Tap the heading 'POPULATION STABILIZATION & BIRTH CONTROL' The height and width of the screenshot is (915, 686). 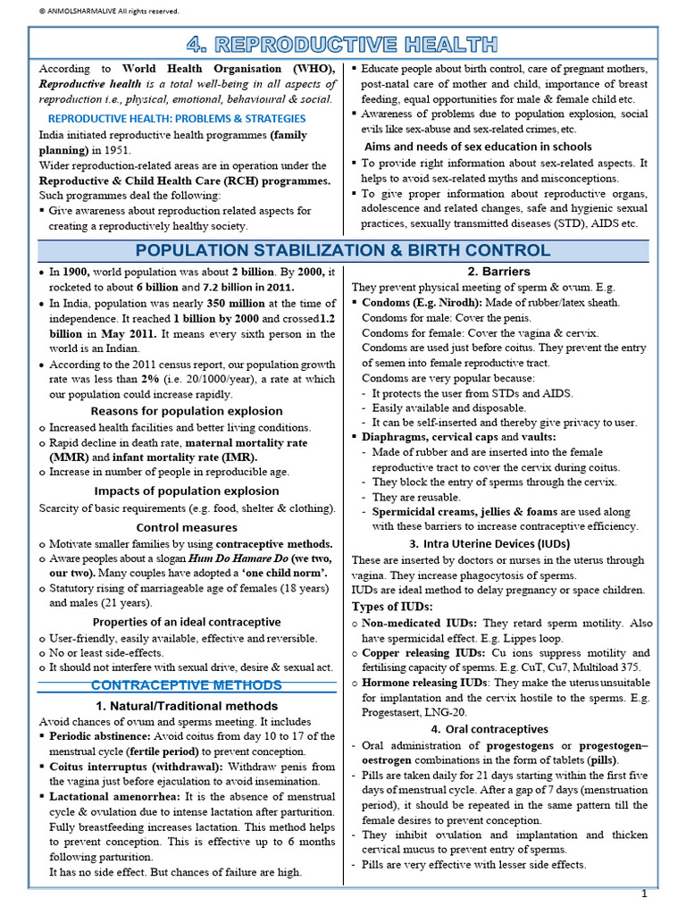[343, 250]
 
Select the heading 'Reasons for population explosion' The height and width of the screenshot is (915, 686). [187, 411]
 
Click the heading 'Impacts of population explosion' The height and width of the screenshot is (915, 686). [187, 491]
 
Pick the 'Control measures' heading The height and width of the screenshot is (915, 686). [187, 527]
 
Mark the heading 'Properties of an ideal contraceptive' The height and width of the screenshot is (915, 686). [187, 621]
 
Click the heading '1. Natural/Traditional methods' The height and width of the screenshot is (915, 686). [187, 705]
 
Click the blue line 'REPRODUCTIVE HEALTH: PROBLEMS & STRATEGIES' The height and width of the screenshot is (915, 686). [177, 118]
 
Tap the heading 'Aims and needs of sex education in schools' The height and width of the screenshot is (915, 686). [478, 147]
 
